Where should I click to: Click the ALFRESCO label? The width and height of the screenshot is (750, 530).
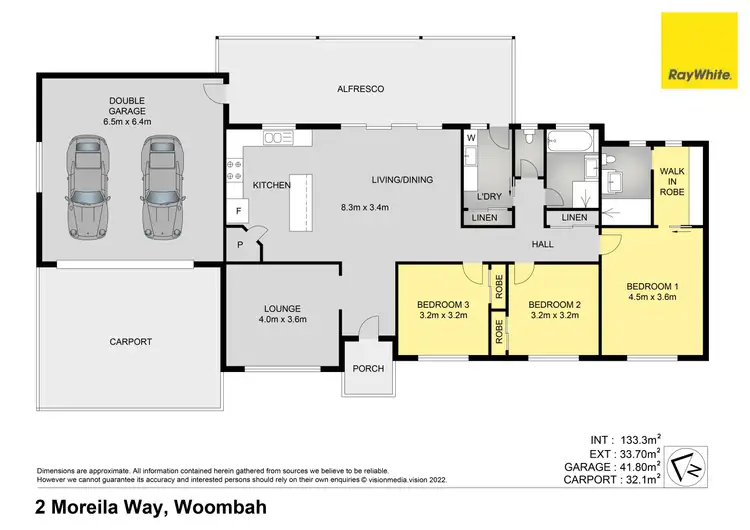(x=361, y=90)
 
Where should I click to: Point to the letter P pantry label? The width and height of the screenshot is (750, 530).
(x=239, y=244)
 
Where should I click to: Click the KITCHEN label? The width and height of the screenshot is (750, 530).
(x=271, y=185)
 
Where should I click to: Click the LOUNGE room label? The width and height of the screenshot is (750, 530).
(x=283, y=308)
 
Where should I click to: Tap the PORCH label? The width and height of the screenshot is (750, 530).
(x=369, y=368)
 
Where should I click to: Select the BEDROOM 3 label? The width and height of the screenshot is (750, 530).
(x=443, y=304)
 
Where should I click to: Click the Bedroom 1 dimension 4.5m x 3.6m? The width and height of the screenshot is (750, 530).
(x=652, y=297)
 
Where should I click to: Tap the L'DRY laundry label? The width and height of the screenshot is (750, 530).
(x=490, y=195)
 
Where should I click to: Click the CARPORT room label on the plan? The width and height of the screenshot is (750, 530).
(x=130, y=342)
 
